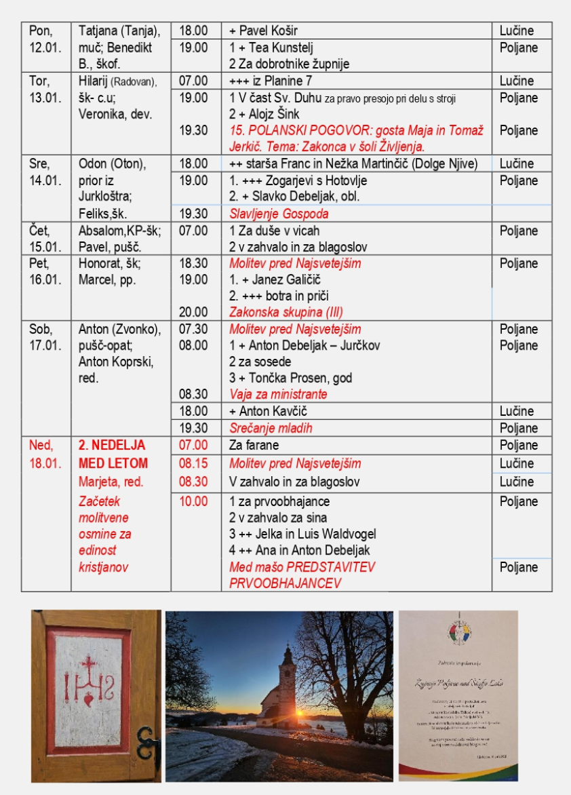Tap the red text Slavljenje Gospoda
click(279, 214)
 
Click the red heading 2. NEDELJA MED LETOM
click(112, 455)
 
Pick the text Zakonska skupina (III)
click(285, 312)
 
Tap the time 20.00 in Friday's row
click(193, 312)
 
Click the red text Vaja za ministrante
click(278, 394)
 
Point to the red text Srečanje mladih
click(271, 428)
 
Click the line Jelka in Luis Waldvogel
click(309, 534)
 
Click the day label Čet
click(39, 231)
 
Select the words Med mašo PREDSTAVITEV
click(302, 567)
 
